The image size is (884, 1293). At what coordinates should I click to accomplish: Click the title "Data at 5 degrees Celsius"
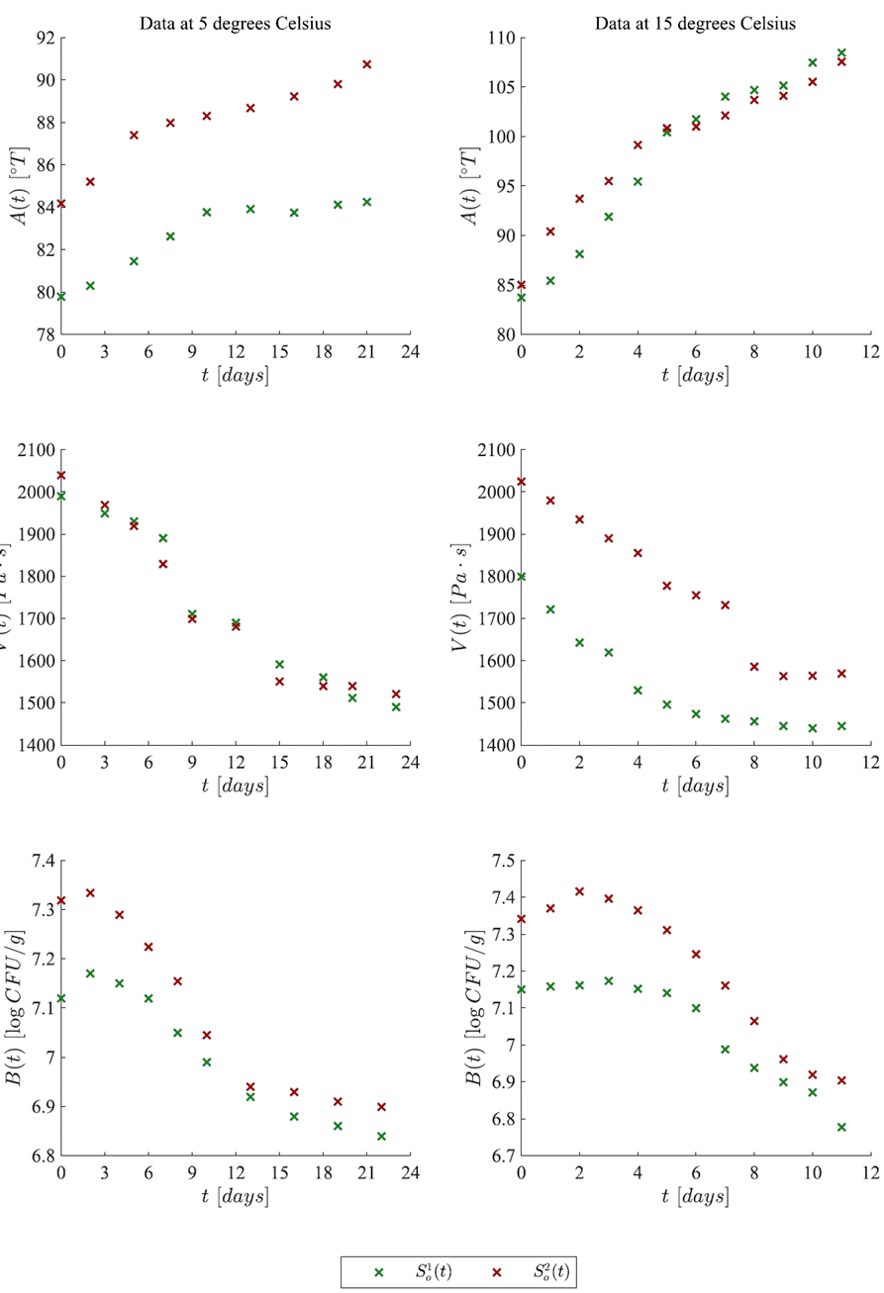(235, 24)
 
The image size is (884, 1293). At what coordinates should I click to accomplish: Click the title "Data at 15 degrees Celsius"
(695, 24)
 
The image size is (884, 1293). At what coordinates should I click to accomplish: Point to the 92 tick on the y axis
(43, 39)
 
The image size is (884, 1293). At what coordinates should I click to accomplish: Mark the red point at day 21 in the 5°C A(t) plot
(366, 64)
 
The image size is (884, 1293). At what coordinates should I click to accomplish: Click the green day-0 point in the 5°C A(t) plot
(61, 296)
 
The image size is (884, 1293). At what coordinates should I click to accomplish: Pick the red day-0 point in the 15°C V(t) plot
(522, 482)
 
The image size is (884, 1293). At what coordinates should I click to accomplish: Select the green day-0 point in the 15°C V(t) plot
(522, 577)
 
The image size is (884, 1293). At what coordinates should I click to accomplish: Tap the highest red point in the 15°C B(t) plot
(580, 891)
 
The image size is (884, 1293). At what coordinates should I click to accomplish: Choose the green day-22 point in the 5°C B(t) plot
(381, 1136)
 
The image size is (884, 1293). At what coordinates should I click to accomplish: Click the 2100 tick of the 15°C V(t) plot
(496, 450)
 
